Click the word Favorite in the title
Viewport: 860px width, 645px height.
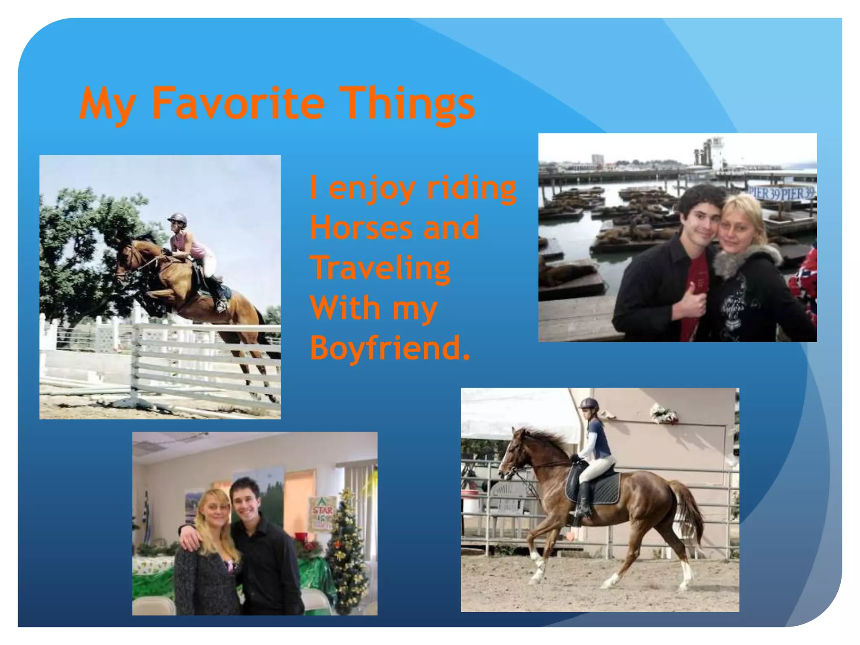[238, 103]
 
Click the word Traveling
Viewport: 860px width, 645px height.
[380, 268]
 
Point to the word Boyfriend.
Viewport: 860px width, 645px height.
[389, 348]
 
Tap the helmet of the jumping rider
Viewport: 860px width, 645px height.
[178, 218]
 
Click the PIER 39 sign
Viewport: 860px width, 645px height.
[782, 193]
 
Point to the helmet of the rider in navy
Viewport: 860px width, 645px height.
[589, 404]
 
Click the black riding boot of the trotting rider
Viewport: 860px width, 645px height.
[584, 500]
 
